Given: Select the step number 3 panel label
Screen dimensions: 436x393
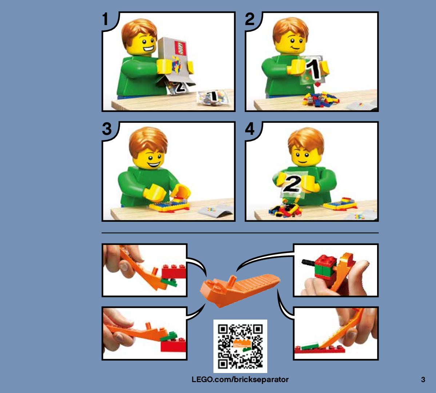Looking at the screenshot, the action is point(107,129).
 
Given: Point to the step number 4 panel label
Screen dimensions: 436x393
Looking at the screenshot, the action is point(250,129).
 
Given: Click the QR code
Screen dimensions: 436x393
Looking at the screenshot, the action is point(240,346).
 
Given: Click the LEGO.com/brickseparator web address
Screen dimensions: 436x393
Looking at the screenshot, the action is point(240,380).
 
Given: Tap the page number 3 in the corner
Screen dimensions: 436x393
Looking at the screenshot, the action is point(423,380).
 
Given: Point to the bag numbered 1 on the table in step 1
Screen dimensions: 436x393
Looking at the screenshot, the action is point(213,97).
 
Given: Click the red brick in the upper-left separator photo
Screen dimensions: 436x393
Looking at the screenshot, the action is point(174,272).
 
